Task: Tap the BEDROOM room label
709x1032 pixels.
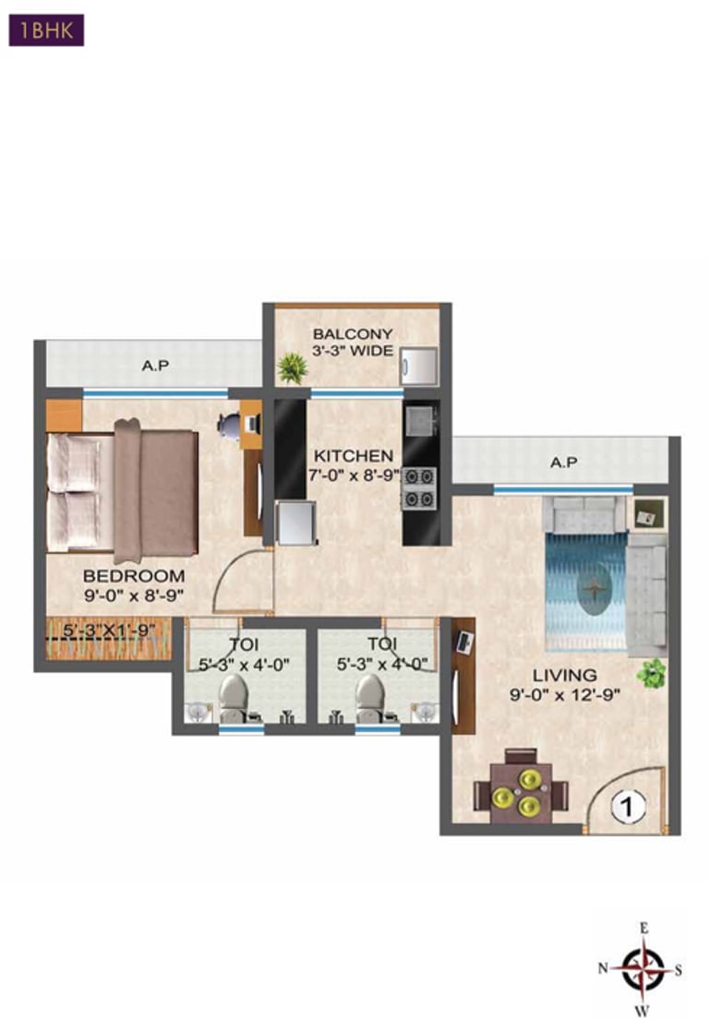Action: pos(134,576)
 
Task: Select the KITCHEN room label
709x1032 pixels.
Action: pos(354,456)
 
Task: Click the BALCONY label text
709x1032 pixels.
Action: pos(353,334)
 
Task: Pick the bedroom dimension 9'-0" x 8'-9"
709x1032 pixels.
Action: pos(134,594)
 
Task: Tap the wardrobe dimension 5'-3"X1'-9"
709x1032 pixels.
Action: pos(109,631)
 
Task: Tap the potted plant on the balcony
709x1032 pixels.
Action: pos(294,368)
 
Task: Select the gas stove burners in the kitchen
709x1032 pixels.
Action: pos(420,488)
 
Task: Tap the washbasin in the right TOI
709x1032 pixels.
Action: pos(424,712)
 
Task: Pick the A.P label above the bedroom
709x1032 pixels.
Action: pos(155,366)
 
